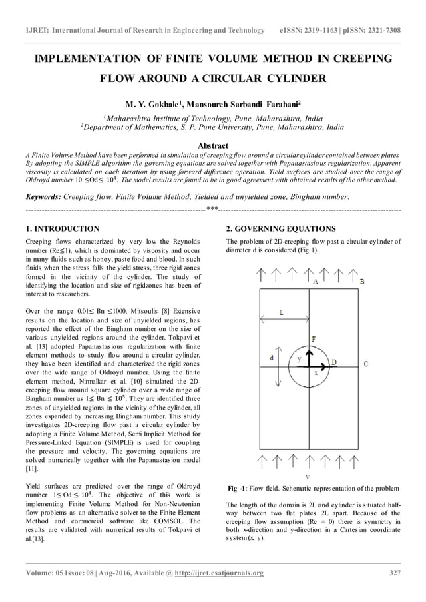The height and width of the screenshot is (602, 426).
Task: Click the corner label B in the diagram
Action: (361, 282)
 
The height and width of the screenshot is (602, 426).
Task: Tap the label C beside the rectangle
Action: (365, 364)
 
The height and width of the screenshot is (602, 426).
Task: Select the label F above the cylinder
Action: (314, 340)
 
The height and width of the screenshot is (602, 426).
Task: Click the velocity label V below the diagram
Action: (307, 477)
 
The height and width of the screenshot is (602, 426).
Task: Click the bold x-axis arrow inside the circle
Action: (323, 364)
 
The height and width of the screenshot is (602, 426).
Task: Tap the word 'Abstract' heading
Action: (212, 145)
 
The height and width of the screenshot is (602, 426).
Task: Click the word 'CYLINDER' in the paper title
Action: (288, 79)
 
